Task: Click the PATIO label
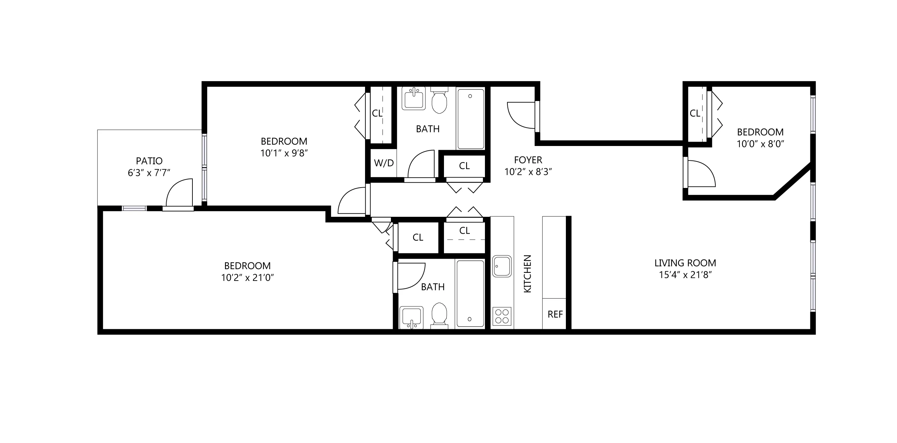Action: coord(149,161)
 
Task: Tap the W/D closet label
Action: coord(384,163)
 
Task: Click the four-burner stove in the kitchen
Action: coord(502,316)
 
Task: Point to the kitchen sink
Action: coord(502,266)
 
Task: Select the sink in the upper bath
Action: coord(413,98)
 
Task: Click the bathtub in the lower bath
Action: coord(470,293)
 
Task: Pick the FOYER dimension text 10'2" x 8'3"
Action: coord(528,171)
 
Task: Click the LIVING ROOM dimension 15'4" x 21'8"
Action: coord(685,275)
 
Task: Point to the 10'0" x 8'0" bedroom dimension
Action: coord(760,144)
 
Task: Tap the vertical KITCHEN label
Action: coord(528,274)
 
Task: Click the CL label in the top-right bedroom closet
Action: coord(695,113)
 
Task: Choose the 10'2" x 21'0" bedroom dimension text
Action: coord(247,278)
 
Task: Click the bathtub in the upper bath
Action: coord(470,119)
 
